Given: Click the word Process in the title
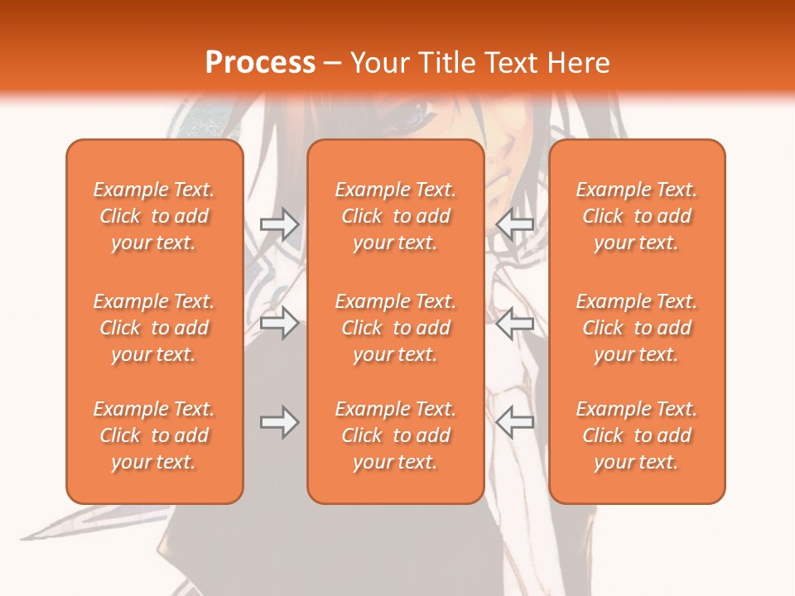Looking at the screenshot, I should pos(260,63).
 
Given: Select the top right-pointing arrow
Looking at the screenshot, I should pos(279,224).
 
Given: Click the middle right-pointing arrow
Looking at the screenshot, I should pos(279,323).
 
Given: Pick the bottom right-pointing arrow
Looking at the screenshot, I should pos(279,422).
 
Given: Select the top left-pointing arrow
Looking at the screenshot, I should pos(514,224).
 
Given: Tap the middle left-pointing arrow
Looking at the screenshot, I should pos(514,323).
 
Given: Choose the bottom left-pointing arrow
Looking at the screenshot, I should pos(514,422).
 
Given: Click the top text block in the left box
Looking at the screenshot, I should pos(154,216).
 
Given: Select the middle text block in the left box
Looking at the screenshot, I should pos(154,328).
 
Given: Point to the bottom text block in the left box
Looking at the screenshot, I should pos(154,435).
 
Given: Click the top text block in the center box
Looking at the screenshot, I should pos(395,216).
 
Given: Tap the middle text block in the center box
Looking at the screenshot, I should pos(395,328).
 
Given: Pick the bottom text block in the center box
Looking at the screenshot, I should pos(395,435).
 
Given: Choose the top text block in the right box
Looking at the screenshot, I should pos(636,216).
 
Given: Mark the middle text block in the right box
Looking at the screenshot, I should pos(636,328).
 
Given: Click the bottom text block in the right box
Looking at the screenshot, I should pos(636,435).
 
